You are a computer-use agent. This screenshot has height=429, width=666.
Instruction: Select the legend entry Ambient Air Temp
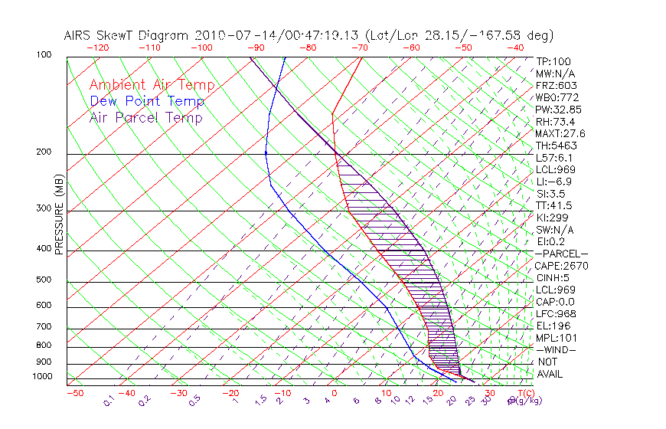152,85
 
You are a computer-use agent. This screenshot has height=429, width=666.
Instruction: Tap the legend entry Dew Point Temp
147,101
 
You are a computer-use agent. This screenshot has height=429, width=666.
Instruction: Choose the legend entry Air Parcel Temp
145,117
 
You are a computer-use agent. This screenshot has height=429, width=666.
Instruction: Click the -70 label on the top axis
358,47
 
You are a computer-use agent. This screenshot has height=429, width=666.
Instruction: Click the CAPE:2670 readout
561,266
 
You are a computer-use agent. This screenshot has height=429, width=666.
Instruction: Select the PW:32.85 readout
558,110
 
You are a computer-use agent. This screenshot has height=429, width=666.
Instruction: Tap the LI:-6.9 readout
553,182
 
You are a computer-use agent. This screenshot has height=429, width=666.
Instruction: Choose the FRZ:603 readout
556,86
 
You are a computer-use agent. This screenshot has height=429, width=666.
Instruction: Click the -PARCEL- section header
561,254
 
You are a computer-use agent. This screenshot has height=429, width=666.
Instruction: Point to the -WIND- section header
557,350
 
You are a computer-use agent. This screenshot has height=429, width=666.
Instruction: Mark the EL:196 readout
553,326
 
